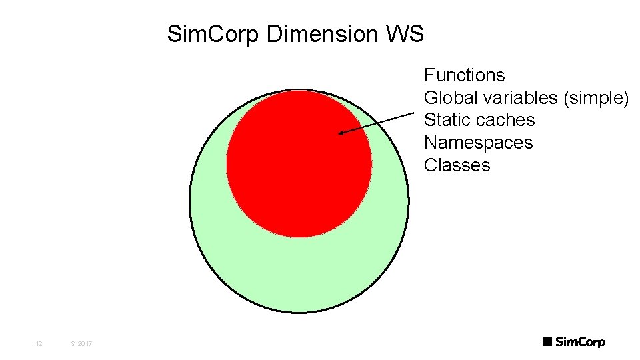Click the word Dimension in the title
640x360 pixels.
[x=323, y=34]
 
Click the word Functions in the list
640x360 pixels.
[x=464, y=75]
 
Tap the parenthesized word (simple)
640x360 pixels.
[x=596, y=98]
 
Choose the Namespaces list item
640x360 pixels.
[x=478, y=143]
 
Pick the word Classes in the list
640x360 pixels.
[x=457, y=166]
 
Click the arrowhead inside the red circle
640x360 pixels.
[x=341, y=133]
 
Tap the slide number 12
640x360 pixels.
[x=39, y=344]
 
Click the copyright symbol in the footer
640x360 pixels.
[x=71, y=344]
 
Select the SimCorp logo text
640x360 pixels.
[x=580, y=342]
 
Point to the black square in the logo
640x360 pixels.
[x=547, y=342]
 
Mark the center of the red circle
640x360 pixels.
[x=299, y=164]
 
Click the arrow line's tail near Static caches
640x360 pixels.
[x=413, y=114]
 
